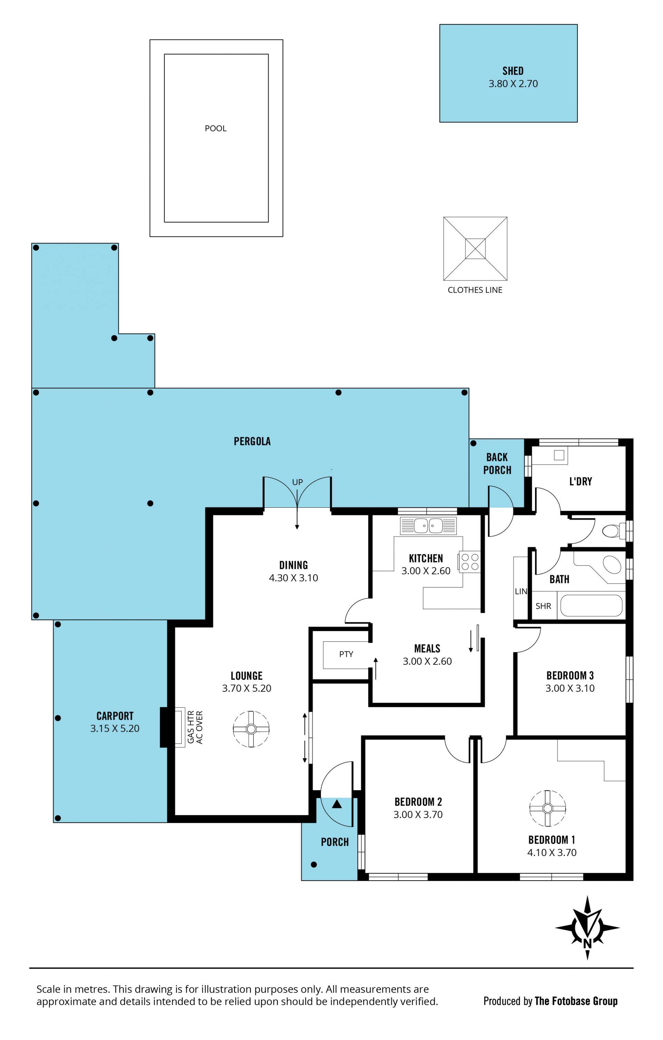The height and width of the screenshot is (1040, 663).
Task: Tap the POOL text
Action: [x=216, y=128]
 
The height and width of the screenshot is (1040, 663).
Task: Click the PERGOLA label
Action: [x=252, y=441]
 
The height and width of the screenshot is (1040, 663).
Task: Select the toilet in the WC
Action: [x=613, y=531]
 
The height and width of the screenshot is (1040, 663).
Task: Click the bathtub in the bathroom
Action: [x=591, y=605]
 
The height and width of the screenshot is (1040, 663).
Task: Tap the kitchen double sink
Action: [x=428, y=526]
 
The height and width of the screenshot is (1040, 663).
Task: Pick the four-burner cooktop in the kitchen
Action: [x=470, y=562]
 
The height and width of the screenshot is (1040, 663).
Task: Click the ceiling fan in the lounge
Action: [x=251, y=729]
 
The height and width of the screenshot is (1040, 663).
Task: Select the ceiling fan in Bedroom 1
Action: [x=548, y=808]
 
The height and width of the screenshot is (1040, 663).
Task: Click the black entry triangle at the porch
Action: [x=337, y=804]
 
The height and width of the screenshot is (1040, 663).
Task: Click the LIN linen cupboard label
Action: [x=521, y=591]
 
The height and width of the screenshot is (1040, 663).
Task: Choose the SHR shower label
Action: [x=543, y=606]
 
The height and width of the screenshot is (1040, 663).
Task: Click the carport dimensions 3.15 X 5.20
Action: [x=115, y=728]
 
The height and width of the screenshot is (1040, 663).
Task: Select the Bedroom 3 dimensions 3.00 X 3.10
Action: [x=570, y=688]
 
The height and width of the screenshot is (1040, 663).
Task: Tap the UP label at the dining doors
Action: [x=297, y=482]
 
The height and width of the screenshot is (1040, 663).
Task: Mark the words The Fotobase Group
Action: [x=576, y=1001]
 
